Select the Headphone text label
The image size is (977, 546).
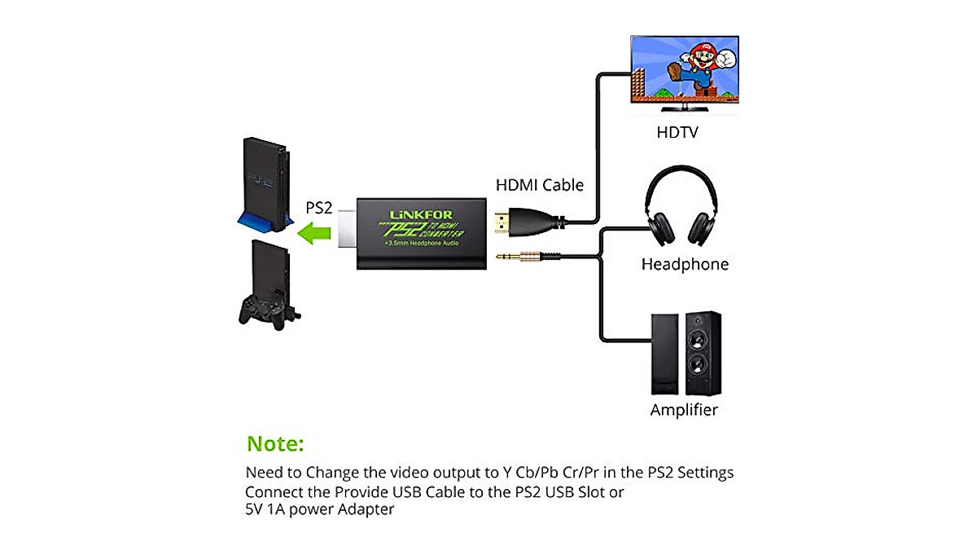point(685,264)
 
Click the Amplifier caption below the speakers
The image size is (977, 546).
point(684,410)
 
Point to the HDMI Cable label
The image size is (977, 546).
point(540,185)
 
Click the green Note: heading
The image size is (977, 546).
point(275,444)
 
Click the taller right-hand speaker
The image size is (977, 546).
point(699,354)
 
